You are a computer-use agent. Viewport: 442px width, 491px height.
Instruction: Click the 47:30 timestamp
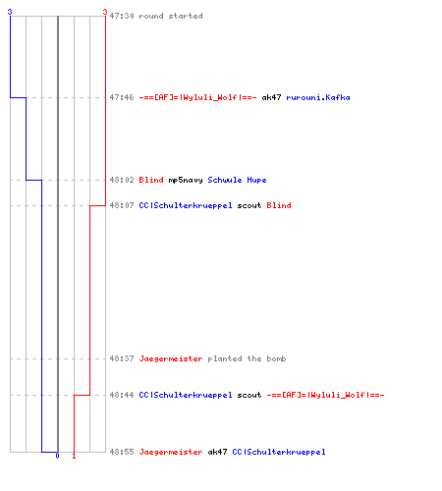click(x=122, y=16)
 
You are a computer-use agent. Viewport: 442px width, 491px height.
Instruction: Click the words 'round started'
click(x=171, y=16)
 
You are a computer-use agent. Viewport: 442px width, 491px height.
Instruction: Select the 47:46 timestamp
click(x=122, y=97)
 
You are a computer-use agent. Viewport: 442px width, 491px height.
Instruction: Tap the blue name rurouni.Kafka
click(x=318, y=97)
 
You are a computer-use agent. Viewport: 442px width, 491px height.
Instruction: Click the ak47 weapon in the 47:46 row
click(x=271, y=97)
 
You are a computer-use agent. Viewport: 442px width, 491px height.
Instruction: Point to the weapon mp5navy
click(x=186, y=180)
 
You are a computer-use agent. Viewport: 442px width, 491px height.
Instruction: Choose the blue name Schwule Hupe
click(x=237, y=180)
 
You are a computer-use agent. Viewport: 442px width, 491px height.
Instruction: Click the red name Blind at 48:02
click(x=151, y=180)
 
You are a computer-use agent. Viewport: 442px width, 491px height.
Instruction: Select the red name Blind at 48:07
click(x=279, y=205)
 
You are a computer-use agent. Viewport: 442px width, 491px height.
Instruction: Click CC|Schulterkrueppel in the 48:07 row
click(x=186, y=205)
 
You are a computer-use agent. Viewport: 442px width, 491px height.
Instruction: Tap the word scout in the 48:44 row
click(x=249, y=395)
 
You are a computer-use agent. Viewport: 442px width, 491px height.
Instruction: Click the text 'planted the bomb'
click(x=247, y=358)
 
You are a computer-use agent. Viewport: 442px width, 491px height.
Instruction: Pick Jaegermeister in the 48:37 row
click(x=171, y=358)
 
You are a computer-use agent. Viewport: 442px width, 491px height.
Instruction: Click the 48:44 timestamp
click(x=122, y=395)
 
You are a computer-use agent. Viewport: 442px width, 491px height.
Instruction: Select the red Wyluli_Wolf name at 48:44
click(x=325, y=395)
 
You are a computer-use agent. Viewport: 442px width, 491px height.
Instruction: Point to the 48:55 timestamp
click(x=122, y=452)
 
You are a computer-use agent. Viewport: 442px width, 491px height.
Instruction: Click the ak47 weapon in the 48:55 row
click(x=217, y=452)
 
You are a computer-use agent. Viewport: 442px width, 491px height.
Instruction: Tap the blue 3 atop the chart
click(x=10, y=12)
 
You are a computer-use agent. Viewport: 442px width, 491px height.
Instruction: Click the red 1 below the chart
click(x=74, y=456)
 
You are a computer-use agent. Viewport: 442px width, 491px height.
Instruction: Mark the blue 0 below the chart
click(x=57, y=456)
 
